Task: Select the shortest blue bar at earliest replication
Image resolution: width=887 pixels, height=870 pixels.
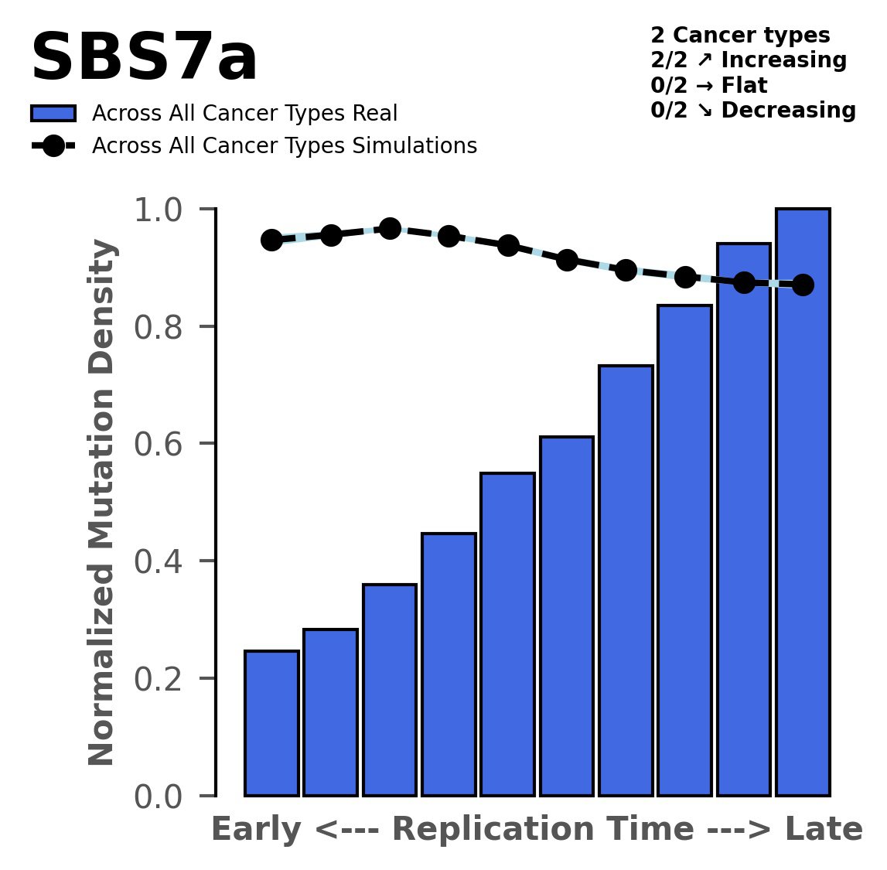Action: [x=271, y=723]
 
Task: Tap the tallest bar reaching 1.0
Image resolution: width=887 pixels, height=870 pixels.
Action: [x=803, y=503]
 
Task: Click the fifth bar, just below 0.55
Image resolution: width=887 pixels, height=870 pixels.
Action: [x=507, y=634]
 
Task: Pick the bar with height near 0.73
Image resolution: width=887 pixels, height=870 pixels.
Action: [x=626, y=580]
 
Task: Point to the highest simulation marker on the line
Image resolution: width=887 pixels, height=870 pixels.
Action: [x=390, y=228]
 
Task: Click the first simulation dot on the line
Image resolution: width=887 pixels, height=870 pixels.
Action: [x=271, y=240]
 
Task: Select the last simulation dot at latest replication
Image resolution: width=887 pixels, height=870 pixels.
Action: [x=803, y=285]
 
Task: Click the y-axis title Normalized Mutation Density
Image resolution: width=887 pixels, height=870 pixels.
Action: [x=102, y=503]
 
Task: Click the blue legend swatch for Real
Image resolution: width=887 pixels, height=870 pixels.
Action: [x=53, y=114]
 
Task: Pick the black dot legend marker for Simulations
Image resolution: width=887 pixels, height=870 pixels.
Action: [x=53, y=146]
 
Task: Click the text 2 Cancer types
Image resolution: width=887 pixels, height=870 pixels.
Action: [x=740, y=36]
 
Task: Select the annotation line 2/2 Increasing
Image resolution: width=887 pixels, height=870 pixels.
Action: [x=748, y=60]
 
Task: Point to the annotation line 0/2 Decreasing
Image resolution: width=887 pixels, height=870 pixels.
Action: [x=752, y=111]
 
